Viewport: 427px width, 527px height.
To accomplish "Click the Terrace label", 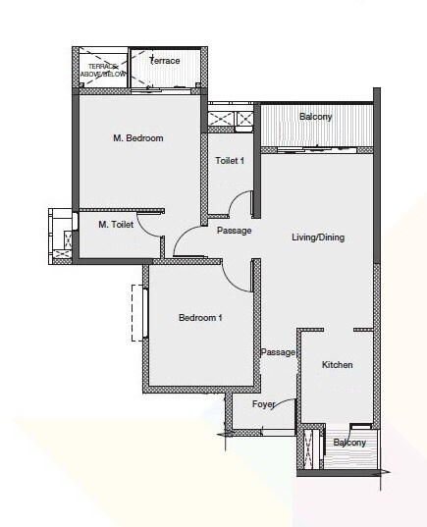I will tap(164, 61).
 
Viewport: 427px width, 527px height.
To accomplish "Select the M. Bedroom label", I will tap(137, 138).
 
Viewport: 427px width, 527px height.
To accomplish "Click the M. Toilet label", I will tap(116, 225).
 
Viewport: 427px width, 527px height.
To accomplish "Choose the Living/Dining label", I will tap(318, 237).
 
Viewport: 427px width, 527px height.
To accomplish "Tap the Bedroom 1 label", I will tap(200, 318).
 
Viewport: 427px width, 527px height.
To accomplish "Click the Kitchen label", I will tap(338, 365).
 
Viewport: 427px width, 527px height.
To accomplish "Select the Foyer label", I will tap(263, 403).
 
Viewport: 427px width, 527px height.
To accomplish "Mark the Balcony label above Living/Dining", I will tap(315, 117).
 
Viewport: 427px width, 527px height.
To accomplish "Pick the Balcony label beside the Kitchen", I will tap(348, 443).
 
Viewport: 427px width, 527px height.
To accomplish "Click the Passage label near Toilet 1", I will tap(234, 231).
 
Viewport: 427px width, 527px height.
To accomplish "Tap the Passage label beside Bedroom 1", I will tap(278, 352).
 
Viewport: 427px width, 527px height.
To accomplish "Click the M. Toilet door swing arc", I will tap(149, 225).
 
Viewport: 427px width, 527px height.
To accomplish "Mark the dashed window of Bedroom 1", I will tap(138, 312).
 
